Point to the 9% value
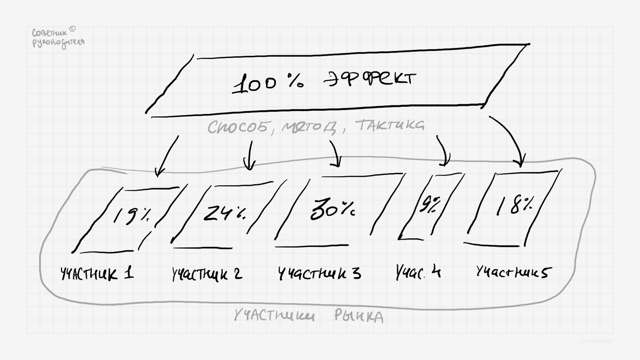429,205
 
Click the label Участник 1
98,274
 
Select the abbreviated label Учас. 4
418,272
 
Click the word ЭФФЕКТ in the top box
370,79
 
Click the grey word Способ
238,127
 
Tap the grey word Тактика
389,125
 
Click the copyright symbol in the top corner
73,29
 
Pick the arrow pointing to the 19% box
167,156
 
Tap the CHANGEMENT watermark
596,341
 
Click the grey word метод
309,127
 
